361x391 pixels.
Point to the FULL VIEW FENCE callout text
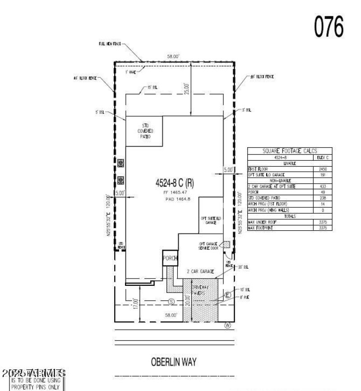[x=110, y=45]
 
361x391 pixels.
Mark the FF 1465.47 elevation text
[x=174, y=192]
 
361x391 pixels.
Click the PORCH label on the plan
[x=170, y=259]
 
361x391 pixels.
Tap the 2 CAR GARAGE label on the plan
[x=200, y=272]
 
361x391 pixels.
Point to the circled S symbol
[x=171, y=301]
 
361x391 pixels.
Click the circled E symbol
[x=228, y=295]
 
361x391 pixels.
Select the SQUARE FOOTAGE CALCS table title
[x=290, y=152]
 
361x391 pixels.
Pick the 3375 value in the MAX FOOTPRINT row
[x=322, y=228]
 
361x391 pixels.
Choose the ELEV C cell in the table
[x=322, y=158]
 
